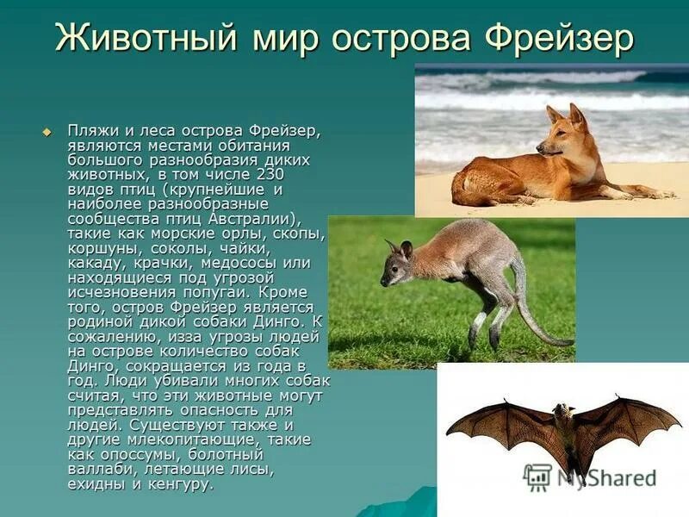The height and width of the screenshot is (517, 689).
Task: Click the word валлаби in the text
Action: [x=99, y=470]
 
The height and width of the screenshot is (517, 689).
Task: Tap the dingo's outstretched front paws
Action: [x=642, y=193]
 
